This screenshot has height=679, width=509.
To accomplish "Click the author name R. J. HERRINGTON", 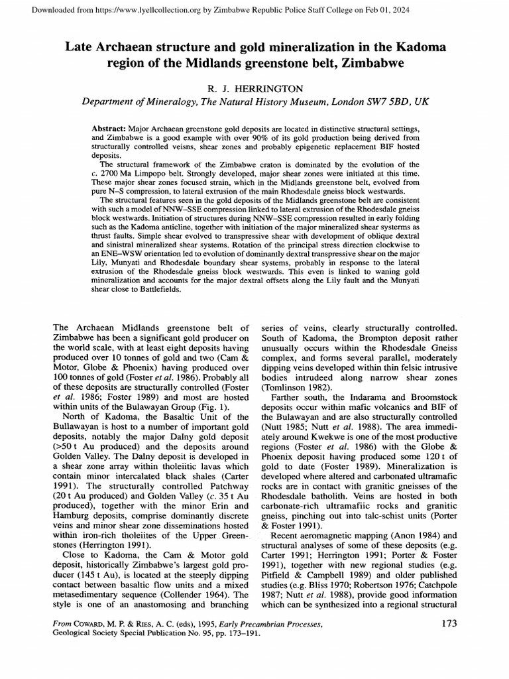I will pos(254,88).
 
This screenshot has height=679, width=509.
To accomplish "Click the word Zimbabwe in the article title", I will pos(378,63).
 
